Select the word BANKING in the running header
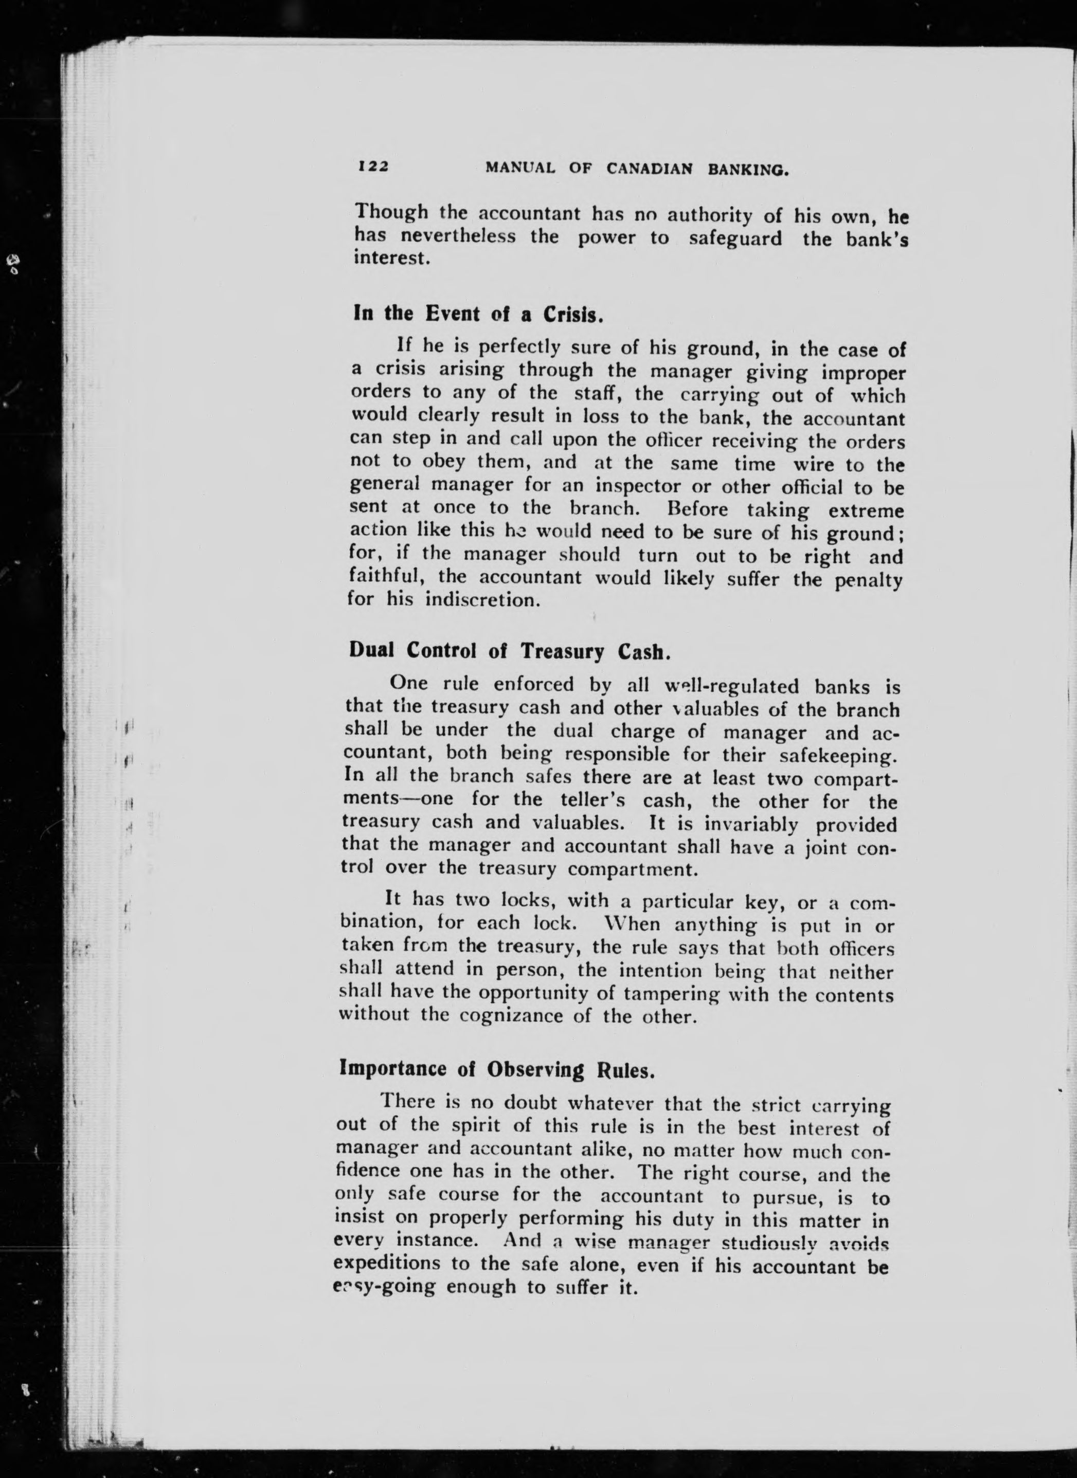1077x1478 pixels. click(749, 171)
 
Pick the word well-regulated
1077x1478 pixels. click(731, 687)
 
